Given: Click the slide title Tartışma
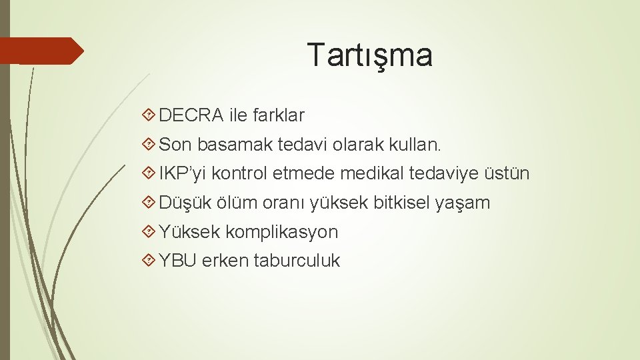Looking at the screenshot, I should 369,55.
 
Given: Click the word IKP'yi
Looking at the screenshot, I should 183,173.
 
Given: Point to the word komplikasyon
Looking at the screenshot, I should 281,232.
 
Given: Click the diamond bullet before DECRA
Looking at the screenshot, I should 149,115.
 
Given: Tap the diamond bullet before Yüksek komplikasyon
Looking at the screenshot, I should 149,232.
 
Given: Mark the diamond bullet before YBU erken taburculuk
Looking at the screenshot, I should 149,261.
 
